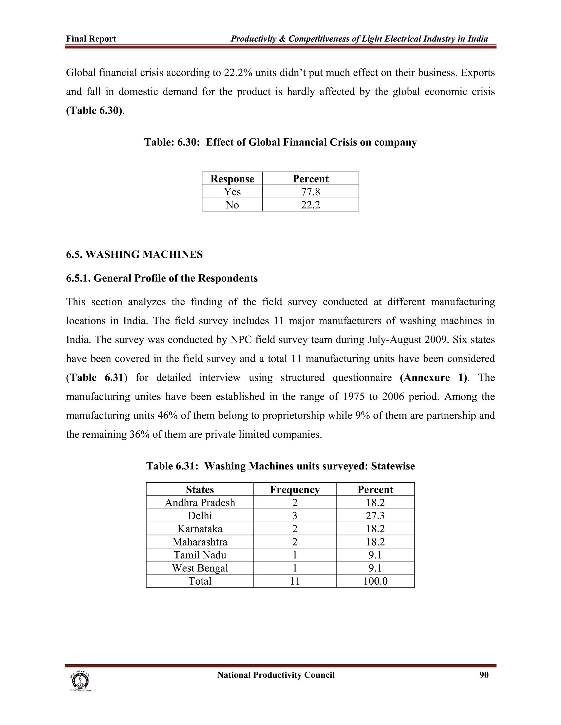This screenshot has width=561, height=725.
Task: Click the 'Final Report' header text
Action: [91, 39]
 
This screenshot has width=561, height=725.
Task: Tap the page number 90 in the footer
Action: [484, 675]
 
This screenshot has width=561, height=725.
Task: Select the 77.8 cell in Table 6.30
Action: [310, 192]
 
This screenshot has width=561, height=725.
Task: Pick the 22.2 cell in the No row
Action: [310, 205]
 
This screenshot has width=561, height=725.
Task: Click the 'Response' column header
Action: [232, 179]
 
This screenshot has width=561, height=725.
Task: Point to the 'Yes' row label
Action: [232, 192]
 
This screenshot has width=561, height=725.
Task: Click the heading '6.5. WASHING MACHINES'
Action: [134, 255]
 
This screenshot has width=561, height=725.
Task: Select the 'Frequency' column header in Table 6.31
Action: [295, 489]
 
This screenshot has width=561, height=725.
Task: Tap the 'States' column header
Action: [200, 489]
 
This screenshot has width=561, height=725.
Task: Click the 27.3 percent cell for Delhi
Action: [375, 515]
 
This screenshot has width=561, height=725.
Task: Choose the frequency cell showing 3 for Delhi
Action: [295, 515]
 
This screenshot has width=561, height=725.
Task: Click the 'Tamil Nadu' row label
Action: [200, 555]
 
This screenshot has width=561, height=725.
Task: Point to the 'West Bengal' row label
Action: [200, 568]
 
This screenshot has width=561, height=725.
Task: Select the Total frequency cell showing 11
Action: [295, 581]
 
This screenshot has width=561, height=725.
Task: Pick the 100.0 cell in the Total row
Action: [375, 581]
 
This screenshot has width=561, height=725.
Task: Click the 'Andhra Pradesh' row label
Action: [200, 503]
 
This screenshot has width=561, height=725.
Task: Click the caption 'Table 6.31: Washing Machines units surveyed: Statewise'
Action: [280, 466]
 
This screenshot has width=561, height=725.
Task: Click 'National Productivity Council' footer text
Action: [276, 675]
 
